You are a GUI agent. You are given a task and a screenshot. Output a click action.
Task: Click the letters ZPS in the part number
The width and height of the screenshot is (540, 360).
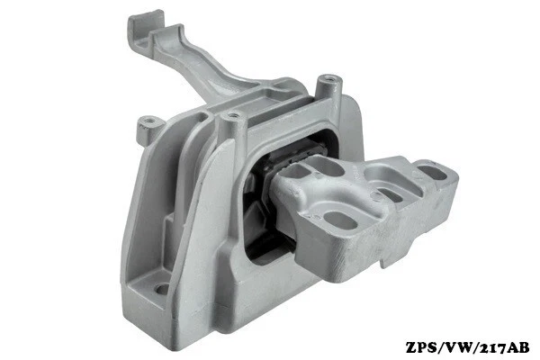tap(422, 346)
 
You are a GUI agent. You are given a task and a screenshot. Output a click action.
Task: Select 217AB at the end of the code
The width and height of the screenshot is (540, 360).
tap(503, 346)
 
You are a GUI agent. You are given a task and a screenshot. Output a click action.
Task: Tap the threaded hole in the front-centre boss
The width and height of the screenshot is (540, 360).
tap(235, 116)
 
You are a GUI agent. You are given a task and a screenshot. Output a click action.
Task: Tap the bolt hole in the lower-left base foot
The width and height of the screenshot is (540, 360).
tap(163, 290)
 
